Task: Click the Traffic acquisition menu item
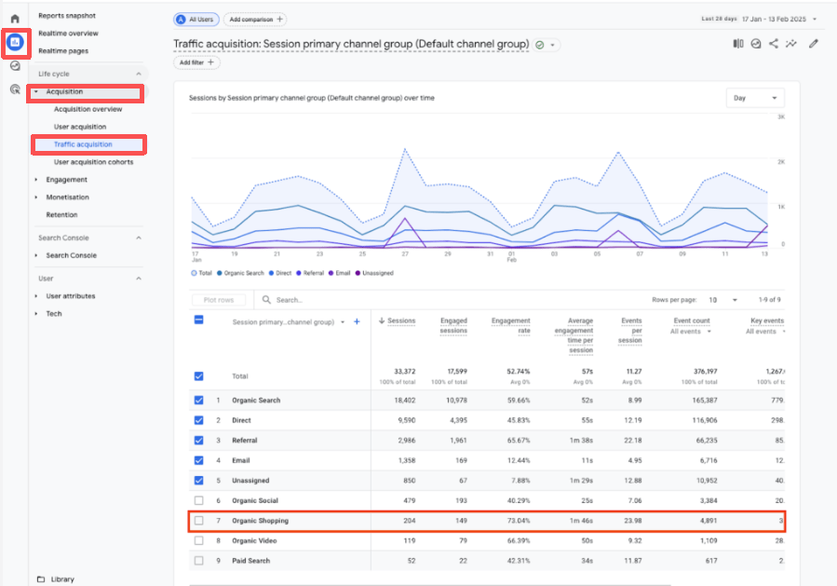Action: [x=83, y=144]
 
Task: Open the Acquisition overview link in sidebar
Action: [x=88, y=109]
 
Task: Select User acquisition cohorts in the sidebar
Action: [x=93, y=162]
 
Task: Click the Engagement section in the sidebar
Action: [x=66, y=180]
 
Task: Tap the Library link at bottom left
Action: [x=62, y=579]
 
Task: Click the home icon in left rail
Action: [x=15, y=19]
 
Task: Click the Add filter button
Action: [x=196, y=62]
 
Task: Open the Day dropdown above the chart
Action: [x=754, y=98]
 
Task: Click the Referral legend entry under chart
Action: [x=313, y=273]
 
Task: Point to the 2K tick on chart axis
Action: [x=781, y=161]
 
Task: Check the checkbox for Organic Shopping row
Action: [x=198, y=521]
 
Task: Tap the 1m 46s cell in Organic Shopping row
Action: [x=580, y=521]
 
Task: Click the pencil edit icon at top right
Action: [x=814, y=43]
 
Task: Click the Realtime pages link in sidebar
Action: [x=63, y=51]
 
